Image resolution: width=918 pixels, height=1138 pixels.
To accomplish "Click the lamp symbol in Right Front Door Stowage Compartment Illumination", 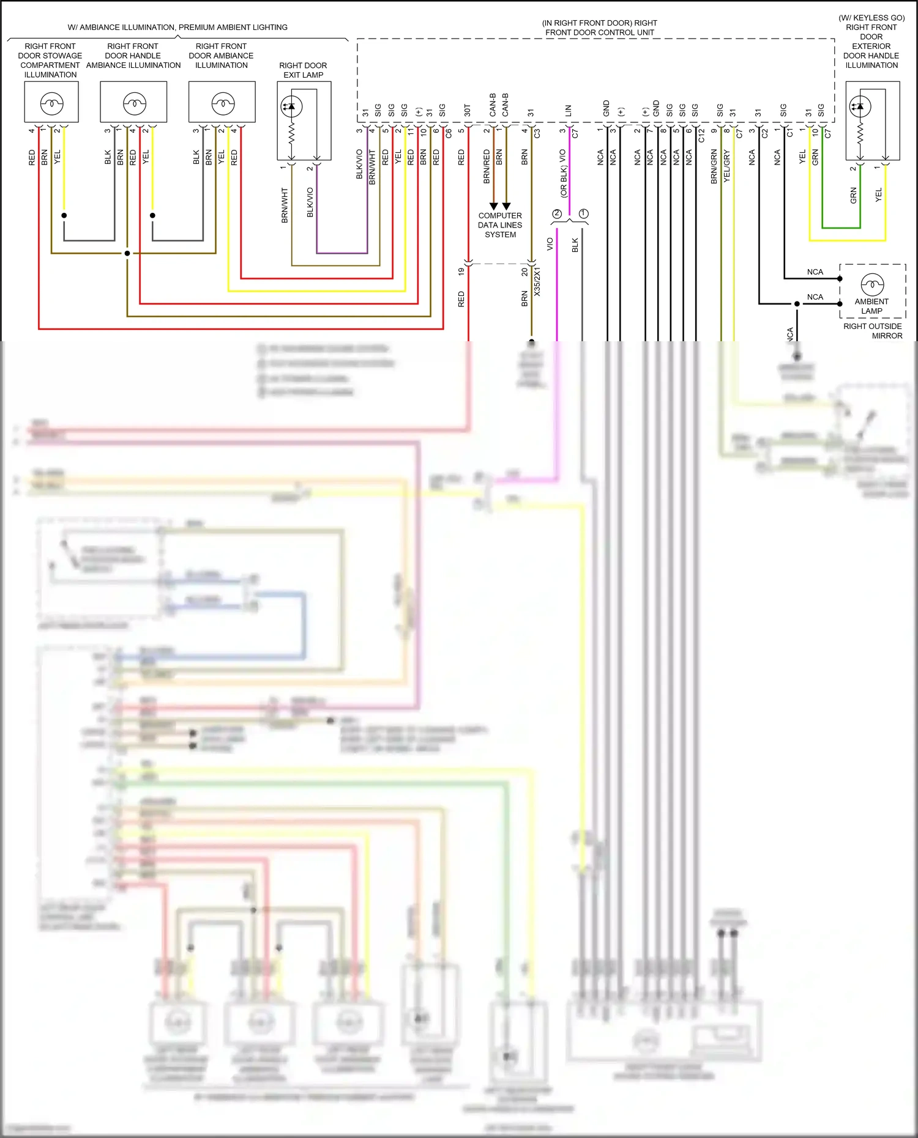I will pos(51,104).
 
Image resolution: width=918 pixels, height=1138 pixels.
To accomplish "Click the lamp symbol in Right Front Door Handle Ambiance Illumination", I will pos(134,104).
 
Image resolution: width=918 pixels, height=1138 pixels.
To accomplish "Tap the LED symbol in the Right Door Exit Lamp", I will pos(291,106).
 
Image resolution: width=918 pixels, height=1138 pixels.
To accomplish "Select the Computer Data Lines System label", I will pos(500,225).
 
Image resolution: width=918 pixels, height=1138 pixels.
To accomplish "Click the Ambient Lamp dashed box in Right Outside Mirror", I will pos(872,291).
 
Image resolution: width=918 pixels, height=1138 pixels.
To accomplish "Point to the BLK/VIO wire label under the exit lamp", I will pos(310,202).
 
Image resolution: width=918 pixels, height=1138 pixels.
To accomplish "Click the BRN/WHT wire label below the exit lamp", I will pos(285,205).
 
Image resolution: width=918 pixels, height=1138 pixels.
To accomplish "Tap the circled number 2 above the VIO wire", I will pos(556,213).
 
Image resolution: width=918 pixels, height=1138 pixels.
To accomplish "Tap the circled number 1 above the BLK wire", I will pos(583,213).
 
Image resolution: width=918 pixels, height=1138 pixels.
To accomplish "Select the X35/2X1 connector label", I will pos(537,281).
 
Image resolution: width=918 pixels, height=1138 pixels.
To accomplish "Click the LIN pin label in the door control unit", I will pos(568,111).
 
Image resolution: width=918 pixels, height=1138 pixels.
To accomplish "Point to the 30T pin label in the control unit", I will pos(467,110).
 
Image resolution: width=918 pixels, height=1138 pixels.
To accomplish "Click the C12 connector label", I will pos(701,135).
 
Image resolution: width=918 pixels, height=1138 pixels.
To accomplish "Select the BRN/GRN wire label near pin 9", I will pos(714,166).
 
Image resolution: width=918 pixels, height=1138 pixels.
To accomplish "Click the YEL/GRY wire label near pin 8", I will pos(727,166).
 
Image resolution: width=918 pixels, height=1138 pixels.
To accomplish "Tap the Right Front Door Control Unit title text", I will pos(599,28).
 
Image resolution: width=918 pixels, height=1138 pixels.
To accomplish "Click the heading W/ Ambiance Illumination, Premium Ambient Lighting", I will pos(177,28).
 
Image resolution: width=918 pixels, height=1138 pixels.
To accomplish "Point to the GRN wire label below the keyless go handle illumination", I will pos(853,196).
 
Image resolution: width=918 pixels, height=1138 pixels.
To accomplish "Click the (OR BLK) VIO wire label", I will pos(563,174).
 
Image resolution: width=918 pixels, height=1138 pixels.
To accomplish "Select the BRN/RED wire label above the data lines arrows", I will pos(487,166).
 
